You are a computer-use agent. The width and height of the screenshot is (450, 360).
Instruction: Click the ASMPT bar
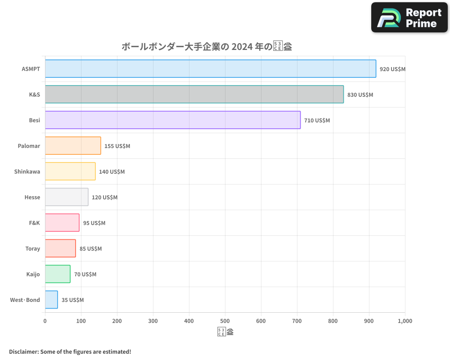[210, 69]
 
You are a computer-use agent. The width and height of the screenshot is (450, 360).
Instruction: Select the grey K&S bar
[194, 94]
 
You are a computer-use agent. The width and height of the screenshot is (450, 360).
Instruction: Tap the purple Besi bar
[172, 120]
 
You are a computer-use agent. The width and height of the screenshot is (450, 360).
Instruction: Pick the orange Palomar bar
[73, 146]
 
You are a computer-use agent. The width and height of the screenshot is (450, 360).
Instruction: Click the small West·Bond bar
[51, 300]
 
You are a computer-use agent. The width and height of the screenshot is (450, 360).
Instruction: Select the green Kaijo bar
[58, 274]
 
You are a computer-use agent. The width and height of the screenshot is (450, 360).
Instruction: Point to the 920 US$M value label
[392, 69]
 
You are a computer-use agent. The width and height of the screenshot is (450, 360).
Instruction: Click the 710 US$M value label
[317, 121]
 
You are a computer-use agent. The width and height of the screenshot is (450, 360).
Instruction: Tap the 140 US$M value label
[112, 172]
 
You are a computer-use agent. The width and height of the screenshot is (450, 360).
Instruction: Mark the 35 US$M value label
[72, 300]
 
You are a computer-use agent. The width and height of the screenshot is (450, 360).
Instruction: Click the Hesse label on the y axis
[32, 198]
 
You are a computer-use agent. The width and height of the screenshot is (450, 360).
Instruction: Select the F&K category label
[34, 223]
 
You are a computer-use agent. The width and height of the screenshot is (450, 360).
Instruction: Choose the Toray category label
[33, 249]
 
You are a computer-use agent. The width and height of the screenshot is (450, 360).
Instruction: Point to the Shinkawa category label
[27, 172]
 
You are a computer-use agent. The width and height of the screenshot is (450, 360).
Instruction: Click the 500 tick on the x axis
[225, 321]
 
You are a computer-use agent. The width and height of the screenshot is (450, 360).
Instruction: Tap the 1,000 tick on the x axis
[405, 321]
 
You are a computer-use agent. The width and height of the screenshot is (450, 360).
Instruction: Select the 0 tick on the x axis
[45, 321]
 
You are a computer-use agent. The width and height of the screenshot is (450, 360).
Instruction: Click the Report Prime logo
[409, 18]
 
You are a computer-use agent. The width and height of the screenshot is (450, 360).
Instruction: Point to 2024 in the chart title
[241, 46]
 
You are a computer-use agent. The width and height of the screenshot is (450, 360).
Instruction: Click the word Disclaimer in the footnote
[23, 351]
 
